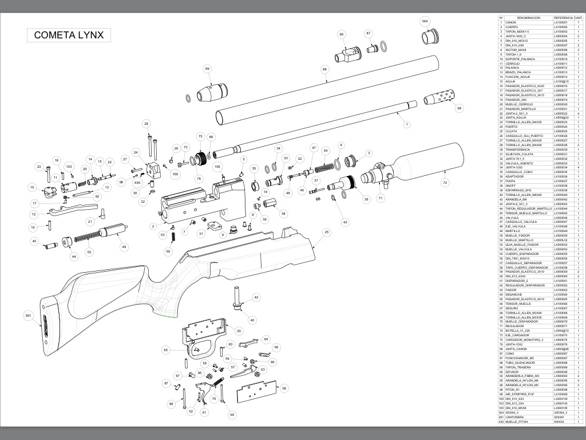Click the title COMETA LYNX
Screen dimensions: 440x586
[69, 35]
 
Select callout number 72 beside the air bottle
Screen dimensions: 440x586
[445, 183]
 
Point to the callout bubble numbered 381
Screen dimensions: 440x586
[27, 316]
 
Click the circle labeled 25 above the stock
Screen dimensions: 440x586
[327, 232]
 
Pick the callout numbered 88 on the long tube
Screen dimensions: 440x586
[324, 69]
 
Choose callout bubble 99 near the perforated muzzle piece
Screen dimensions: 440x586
[459, 108]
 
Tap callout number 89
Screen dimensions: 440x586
[207, 69]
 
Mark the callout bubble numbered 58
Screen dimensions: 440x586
[284, 388]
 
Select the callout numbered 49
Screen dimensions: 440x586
[123, 247]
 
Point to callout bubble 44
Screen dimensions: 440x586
[73, 257]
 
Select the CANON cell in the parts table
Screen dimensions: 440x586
[511, 23]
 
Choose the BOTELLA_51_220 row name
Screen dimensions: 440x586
[518, 331]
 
